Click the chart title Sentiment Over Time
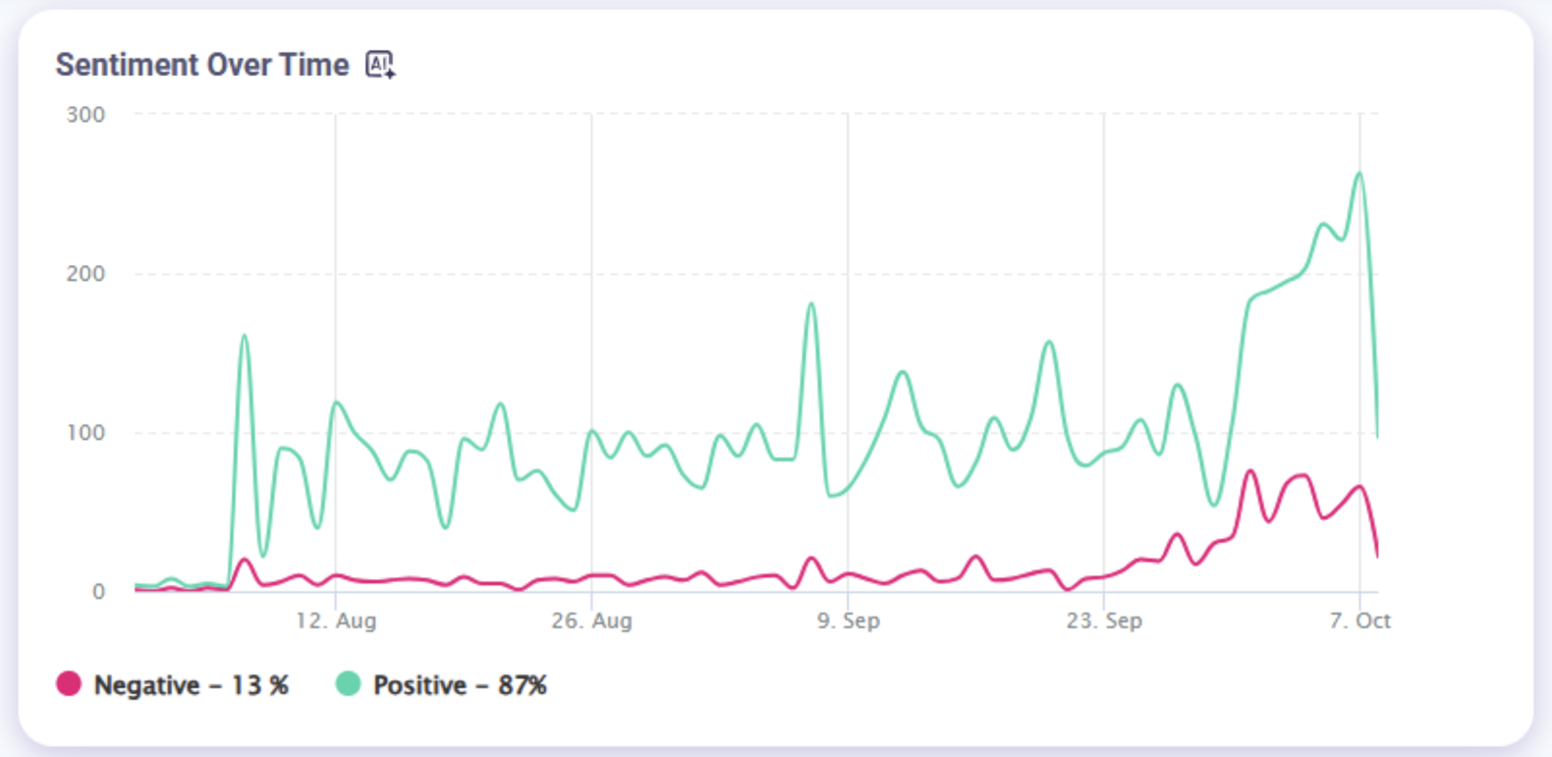202,65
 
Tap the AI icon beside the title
380,65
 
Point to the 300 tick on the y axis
85,115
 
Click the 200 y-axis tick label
85,274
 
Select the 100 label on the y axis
85,433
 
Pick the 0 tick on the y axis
98,592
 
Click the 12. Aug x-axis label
336,621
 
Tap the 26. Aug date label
591,621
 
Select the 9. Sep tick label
849,621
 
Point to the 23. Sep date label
1104,621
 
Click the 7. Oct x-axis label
1360,621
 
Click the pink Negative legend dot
69,684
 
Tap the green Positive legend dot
348,684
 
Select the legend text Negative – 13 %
191,685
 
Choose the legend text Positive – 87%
460,685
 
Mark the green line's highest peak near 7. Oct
1359,174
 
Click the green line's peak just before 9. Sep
811,304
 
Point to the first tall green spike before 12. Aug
245,336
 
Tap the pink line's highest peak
1250,471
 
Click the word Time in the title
314,65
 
